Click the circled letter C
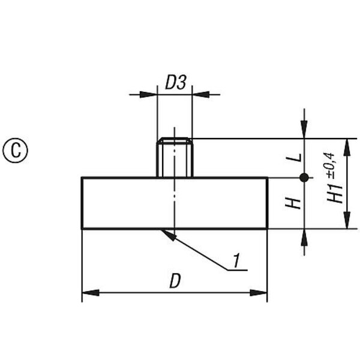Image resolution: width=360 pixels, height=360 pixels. tap(15, 151)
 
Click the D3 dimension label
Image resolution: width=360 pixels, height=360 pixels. tap(176, 82)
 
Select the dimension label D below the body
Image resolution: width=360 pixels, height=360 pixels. tap(175, 281)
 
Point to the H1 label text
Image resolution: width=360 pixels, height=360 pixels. tap(335, 193)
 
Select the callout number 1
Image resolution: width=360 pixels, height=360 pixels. tap(236, 260)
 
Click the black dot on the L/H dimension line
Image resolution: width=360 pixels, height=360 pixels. tap(304, 178)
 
